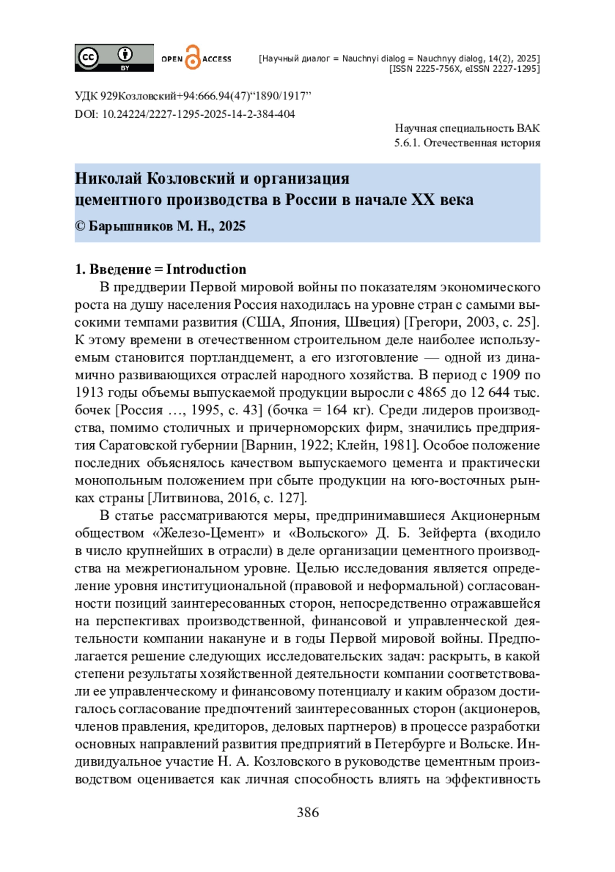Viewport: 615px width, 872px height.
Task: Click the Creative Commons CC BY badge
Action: [114, 58]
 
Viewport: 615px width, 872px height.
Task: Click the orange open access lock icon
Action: [193, 57]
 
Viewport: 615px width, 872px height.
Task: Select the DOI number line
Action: [185, 114]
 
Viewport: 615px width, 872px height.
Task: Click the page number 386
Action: [307, 812]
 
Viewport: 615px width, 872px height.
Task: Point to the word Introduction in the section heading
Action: [206, 269]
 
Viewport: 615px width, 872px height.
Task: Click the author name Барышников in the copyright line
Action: [131, 226]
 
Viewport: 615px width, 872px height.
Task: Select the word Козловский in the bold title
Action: [191, 178]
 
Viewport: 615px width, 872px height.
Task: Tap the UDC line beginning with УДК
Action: [193, 96]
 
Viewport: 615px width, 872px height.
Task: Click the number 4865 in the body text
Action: [432, 392]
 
